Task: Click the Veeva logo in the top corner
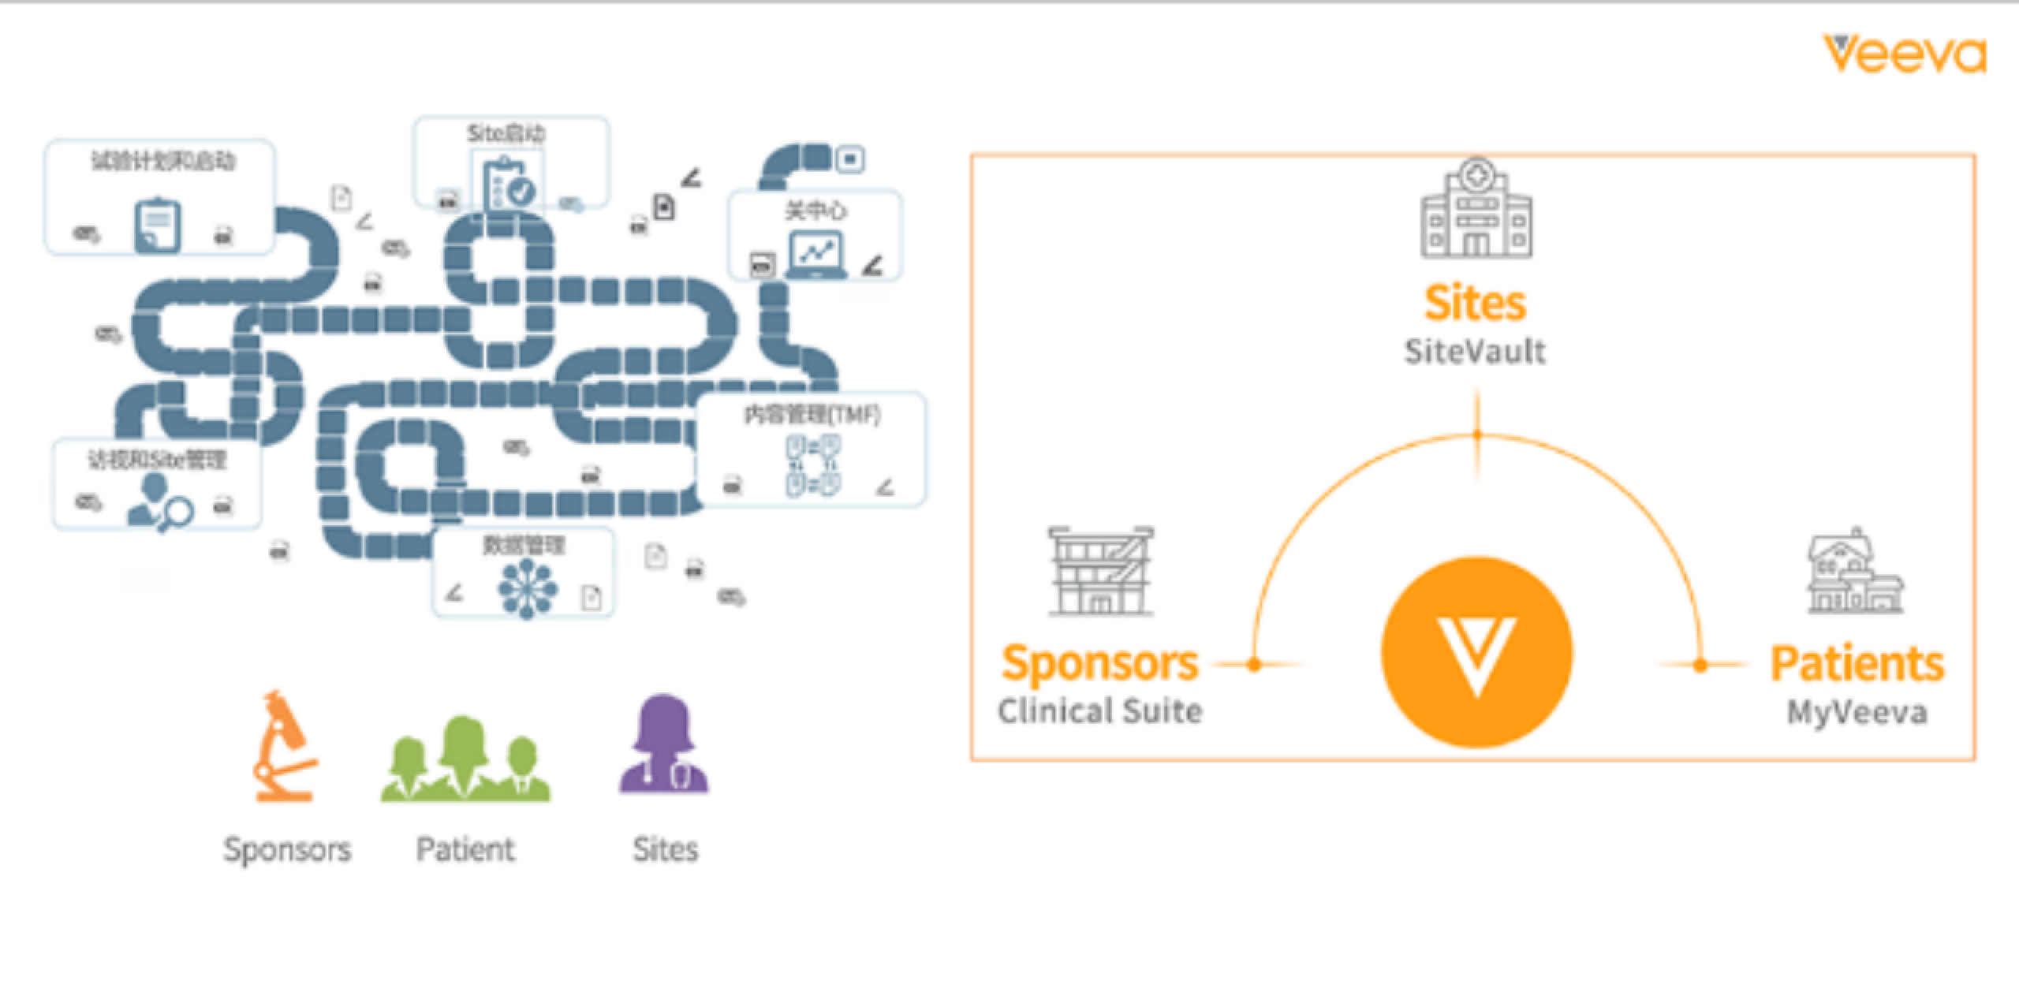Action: click(x=1904, y=54)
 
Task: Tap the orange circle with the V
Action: click(x=1476, y=652)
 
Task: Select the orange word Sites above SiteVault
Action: click(x=1475, y=304)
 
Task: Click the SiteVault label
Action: click(x=1475, y=352)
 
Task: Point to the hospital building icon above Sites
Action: click(x=1476, y=208)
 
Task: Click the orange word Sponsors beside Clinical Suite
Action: click(x=1100, y=663)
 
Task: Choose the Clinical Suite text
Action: click(x=1100, y=711)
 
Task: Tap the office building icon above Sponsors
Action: click(x=1101, y=571)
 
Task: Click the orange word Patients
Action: click(x=1857, y=664)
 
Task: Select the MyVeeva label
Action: click(x=1857, y=713)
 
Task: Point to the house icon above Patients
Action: click(x=1855, y=571)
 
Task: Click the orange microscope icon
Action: click(x=284, y=746)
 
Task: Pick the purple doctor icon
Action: click(x=664, y=744)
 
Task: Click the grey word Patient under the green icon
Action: click(x=465, y=849)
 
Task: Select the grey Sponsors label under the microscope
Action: click(x=287, y=849)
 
